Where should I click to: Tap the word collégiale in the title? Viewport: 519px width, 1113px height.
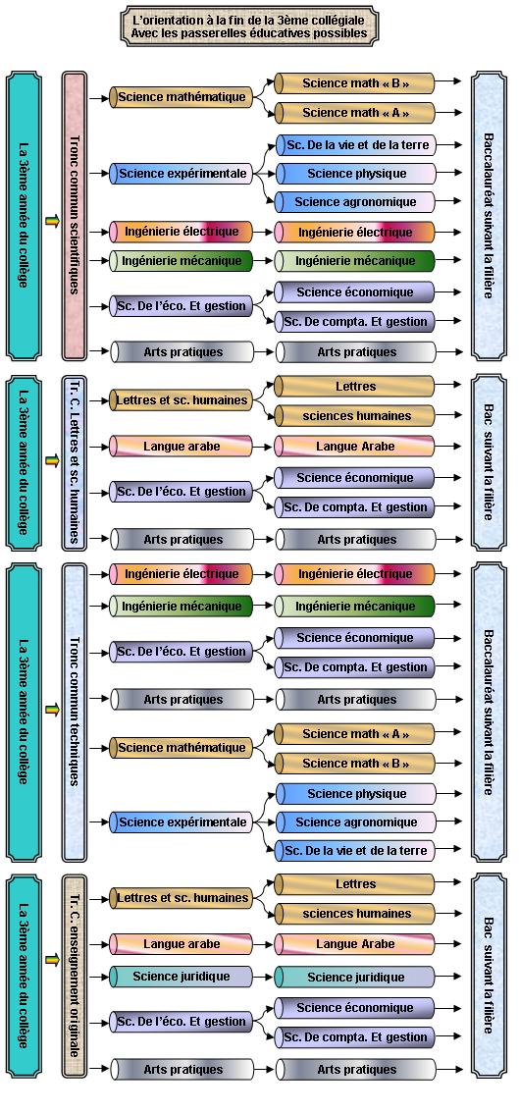(343, 20)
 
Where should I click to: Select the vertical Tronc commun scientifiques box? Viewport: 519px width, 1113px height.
(74, 215)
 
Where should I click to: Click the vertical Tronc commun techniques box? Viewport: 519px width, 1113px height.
(74, 712)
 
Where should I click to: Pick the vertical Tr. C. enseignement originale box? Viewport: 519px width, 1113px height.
(74, 976)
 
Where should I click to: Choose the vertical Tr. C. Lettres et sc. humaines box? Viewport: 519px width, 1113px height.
(74, 463)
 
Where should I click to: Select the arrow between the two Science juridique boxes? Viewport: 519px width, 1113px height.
(263, 977)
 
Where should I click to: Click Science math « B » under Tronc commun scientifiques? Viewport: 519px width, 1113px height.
(355, 83)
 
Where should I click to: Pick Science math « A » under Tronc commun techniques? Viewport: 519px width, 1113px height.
(355, 734)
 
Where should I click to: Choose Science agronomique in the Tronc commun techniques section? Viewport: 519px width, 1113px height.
(356, 821)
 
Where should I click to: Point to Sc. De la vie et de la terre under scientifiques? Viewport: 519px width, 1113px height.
(356, 145)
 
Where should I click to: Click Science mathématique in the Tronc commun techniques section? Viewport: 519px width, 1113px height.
(182, 748)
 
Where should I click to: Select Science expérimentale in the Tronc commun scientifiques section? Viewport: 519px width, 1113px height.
(182, 173)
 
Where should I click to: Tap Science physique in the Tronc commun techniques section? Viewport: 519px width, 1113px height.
(356, 794)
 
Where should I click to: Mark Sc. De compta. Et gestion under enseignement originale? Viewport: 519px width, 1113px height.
(355, 1037)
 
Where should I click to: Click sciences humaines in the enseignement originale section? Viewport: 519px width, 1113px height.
(355, 914)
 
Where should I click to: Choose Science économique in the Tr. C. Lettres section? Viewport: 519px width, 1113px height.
(355, 478)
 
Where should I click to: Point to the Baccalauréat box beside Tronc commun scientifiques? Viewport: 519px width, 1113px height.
(489, 215)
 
